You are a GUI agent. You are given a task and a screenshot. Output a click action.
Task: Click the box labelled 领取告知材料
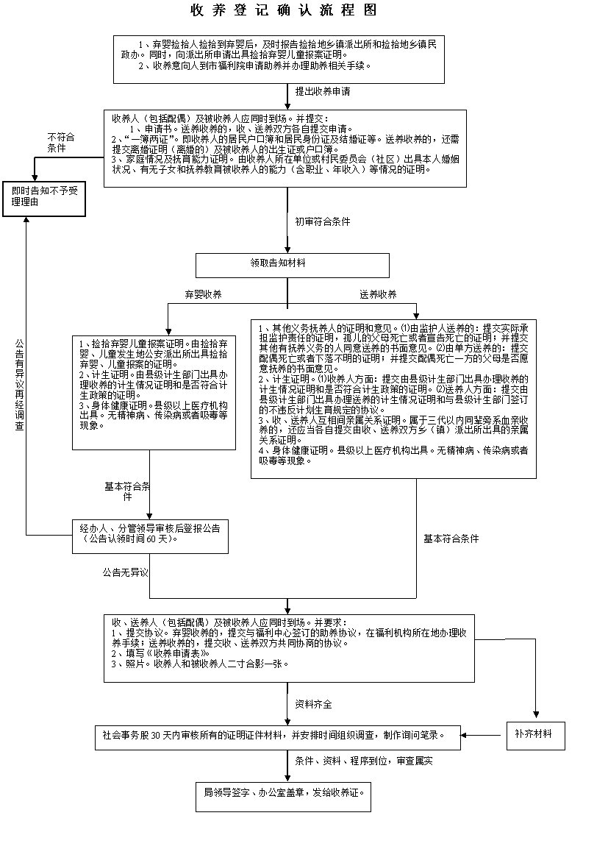point(292,263)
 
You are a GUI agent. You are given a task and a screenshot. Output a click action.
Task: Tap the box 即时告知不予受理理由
point(45,196)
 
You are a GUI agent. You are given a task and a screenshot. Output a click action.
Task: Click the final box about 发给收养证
point(287,794)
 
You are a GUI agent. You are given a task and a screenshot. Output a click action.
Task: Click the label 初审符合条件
point(322,221)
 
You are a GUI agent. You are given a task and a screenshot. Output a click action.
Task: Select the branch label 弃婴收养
point(203,294)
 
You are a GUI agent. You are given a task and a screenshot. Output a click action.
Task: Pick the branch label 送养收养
point(378,294)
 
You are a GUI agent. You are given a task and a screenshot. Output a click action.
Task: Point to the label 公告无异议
point(126,572)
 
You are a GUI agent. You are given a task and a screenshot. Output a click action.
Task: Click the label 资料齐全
point(313,704)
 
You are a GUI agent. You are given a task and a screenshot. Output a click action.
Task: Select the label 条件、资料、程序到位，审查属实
point(363,761)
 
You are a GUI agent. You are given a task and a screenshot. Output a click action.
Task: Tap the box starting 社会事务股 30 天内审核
point(278,735)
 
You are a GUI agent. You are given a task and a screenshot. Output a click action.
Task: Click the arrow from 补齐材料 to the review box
point(485,735)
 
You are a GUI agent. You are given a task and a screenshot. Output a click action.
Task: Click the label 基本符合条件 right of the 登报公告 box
point(457,539)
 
